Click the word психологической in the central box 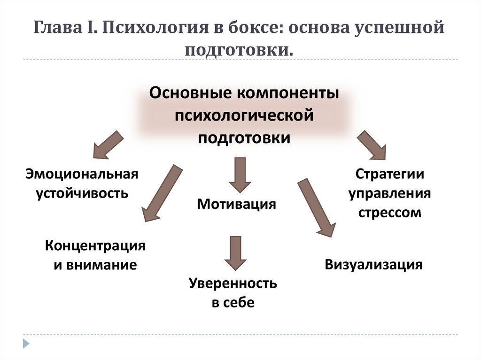(x=244, y=115)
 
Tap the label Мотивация (x=236, y=204)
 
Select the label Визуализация (x=373, y=264)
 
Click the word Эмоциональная (x=82, y=174)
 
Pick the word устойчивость (x=82, y=193)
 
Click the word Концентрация (x=95, y=245)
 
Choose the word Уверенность (x=233, y=283)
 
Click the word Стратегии (x=389, y=174)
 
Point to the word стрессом (x=390, y=213)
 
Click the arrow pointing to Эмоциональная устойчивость (x=107, y=144)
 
